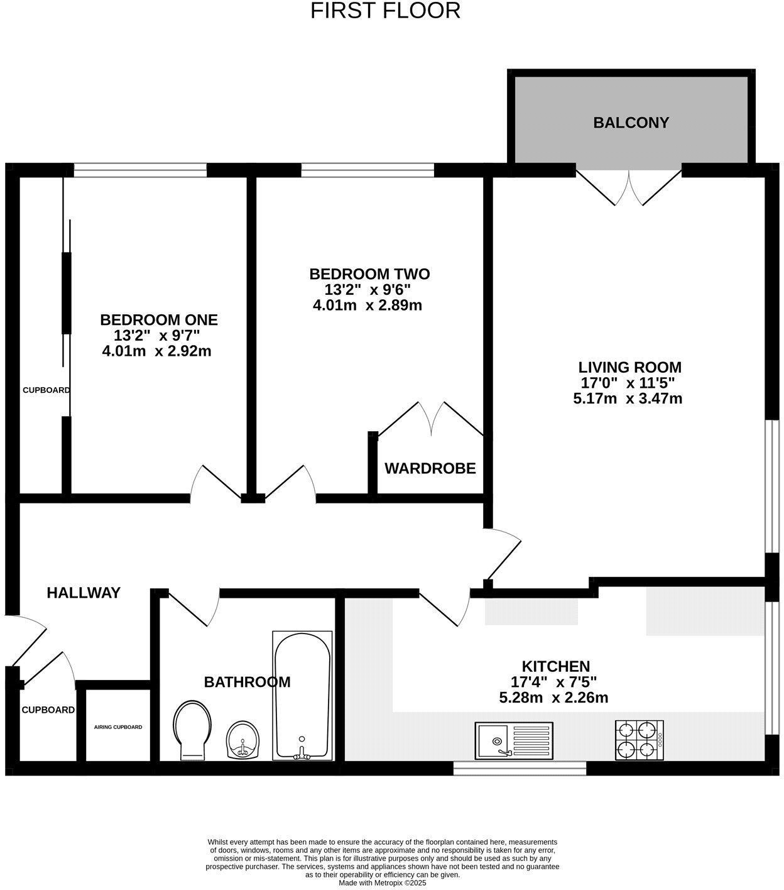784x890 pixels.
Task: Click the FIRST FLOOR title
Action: coord(385,11)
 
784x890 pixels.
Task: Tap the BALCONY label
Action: coord(631,123)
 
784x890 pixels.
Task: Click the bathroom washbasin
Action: coord(243,740)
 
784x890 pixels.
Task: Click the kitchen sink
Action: coord(513,740)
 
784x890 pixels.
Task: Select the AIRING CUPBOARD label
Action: coord(118,727)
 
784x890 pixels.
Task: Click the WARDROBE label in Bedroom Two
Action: coord(430,468)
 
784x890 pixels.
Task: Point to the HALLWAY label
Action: coord(84,593)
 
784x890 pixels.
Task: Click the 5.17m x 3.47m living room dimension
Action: coord(627,398)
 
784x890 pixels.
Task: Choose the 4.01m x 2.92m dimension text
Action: coord(156,351)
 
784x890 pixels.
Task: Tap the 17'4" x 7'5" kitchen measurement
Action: coord(553,682)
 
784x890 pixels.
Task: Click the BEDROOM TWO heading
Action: coord(369,274)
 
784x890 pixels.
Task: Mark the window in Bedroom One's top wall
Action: coord(140,170)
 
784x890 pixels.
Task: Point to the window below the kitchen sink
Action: coord(520,767)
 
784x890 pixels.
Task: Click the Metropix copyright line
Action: coord(382,883)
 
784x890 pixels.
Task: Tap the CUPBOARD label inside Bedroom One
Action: coord(46,390)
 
